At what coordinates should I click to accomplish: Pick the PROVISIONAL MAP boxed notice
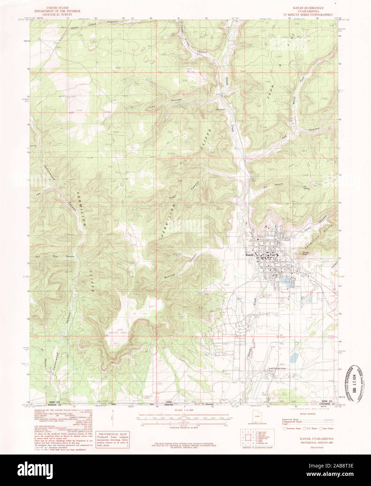pos(113,440)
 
